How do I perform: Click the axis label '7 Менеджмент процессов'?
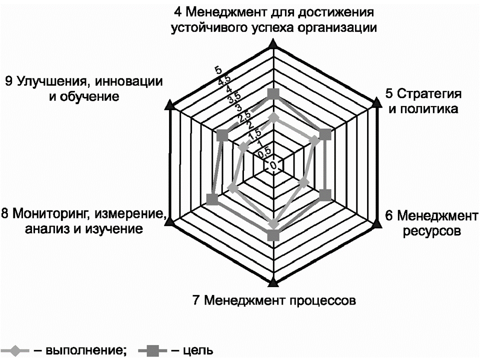274,300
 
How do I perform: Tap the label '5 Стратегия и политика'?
423,101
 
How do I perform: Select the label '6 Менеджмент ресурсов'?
431,223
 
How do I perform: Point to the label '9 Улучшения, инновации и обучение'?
84,89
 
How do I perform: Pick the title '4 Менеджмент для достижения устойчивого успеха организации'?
273,20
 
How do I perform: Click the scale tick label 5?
218,70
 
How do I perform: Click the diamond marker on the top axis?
273,118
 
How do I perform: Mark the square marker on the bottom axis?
273,236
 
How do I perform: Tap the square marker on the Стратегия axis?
325,135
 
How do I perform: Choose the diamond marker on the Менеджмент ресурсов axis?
303,183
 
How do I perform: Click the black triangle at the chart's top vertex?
273,44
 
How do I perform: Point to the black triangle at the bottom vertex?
273,282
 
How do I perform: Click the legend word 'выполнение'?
85,350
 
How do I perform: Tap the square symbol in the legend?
153,350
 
